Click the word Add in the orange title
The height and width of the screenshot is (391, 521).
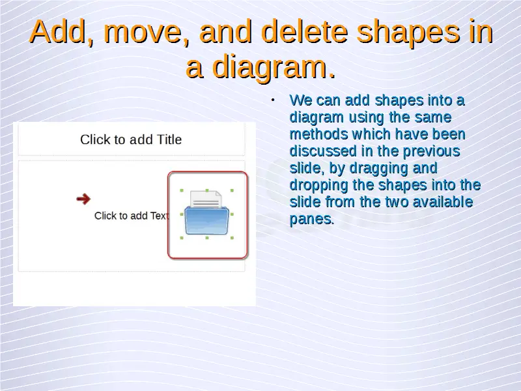coord(57,31)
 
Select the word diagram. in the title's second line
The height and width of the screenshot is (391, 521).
coord(274,68)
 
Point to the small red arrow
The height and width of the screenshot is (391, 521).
coord(83,199)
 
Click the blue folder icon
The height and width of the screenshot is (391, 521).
coord(206,220)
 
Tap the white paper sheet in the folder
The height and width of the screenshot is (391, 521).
coord(206,199)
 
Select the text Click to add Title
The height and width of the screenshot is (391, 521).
coord(131,139)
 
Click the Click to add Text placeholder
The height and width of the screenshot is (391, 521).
coord(132,216)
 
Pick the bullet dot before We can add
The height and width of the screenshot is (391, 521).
coord(273,100)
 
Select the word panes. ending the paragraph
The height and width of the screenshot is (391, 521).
coord(312,220)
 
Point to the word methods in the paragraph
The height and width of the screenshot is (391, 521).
coord(318,134)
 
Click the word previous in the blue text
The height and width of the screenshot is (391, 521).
coord(431,151)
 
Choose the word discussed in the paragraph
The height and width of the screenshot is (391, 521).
coord(323,151)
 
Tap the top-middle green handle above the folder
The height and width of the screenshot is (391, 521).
coord(207,190)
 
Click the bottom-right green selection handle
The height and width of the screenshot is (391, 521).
coord(232,238)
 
